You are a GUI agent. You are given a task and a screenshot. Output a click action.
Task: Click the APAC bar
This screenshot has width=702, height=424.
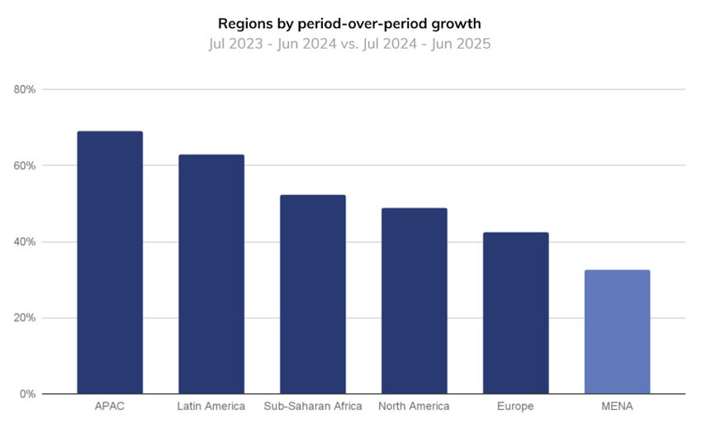110,262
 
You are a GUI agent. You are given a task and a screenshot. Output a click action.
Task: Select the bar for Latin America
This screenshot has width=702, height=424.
211,274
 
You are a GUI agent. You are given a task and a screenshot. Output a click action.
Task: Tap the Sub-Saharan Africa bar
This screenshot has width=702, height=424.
313,294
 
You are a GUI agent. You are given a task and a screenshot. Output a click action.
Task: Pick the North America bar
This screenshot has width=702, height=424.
415,301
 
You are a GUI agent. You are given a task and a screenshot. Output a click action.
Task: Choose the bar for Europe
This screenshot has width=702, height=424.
516,313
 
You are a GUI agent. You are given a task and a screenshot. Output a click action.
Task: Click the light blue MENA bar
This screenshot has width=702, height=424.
617,331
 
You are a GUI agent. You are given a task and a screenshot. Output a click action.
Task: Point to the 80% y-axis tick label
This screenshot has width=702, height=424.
27,89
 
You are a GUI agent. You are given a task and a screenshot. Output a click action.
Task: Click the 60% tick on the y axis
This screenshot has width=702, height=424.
27,165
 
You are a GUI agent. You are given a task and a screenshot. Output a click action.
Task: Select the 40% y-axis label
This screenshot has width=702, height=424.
27,242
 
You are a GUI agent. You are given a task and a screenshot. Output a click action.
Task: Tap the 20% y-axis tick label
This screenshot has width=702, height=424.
27,318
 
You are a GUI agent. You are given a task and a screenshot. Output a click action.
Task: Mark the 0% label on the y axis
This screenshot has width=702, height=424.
30,394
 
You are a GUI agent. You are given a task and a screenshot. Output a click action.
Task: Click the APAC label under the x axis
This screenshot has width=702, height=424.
110,407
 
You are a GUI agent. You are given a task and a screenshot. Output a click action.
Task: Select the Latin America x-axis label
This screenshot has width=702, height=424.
211,407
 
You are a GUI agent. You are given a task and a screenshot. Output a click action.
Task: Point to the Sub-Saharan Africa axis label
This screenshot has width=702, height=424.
313,407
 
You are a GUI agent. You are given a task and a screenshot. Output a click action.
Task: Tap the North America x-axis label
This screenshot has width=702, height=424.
415,407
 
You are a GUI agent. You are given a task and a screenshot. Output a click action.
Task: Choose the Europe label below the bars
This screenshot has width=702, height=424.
516,407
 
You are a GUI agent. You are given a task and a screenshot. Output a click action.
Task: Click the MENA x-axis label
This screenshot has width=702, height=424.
617,407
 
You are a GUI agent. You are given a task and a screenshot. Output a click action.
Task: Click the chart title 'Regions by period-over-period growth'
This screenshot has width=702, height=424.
349,23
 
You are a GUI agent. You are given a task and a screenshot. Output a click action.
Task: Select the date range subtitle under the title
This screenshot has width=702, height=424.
349,44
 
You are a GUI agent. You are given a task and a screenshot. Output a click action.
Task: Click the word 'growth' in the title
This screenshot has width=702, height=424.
458,24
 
